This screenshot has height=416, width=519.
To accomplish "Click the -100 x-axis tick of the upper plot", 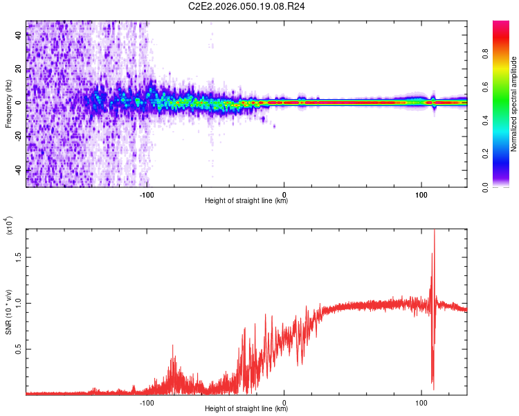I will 146,193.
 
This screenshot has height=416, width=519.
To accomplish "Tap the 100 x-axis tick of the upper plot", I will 421,193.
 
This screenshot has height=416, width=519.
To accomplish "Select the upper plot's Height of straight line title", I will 246,201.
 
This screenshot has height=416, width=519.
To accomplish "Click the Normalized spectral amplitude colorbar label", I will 514,103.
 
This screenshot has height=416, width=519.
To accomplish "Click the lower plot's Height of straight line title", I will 246,409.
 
